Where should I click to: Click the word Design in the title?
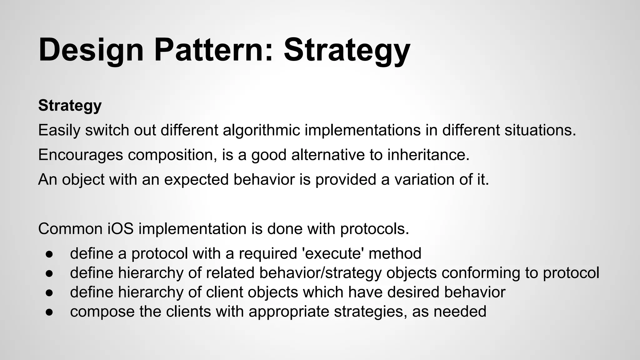pyautogui.click(x=91, y=50)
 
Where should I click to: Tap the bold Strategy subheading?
pyautogui.click(x=70, y=106)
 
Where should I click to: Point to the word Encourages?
pyautogui.click(x=80, y=155)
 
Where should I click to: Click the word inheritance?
pyautogui.click(x=428, y=155)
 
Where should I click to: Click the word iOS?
pyautogui.click(x=121, y=229)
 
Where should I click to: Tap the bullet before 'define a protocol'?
pyautogui.click(x=49, y=254)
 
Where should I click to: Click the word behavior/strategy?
pyautogui.click(x=320, y=273)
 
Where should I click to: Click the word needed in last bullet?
pyautogui.click(x=460, y=312)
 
